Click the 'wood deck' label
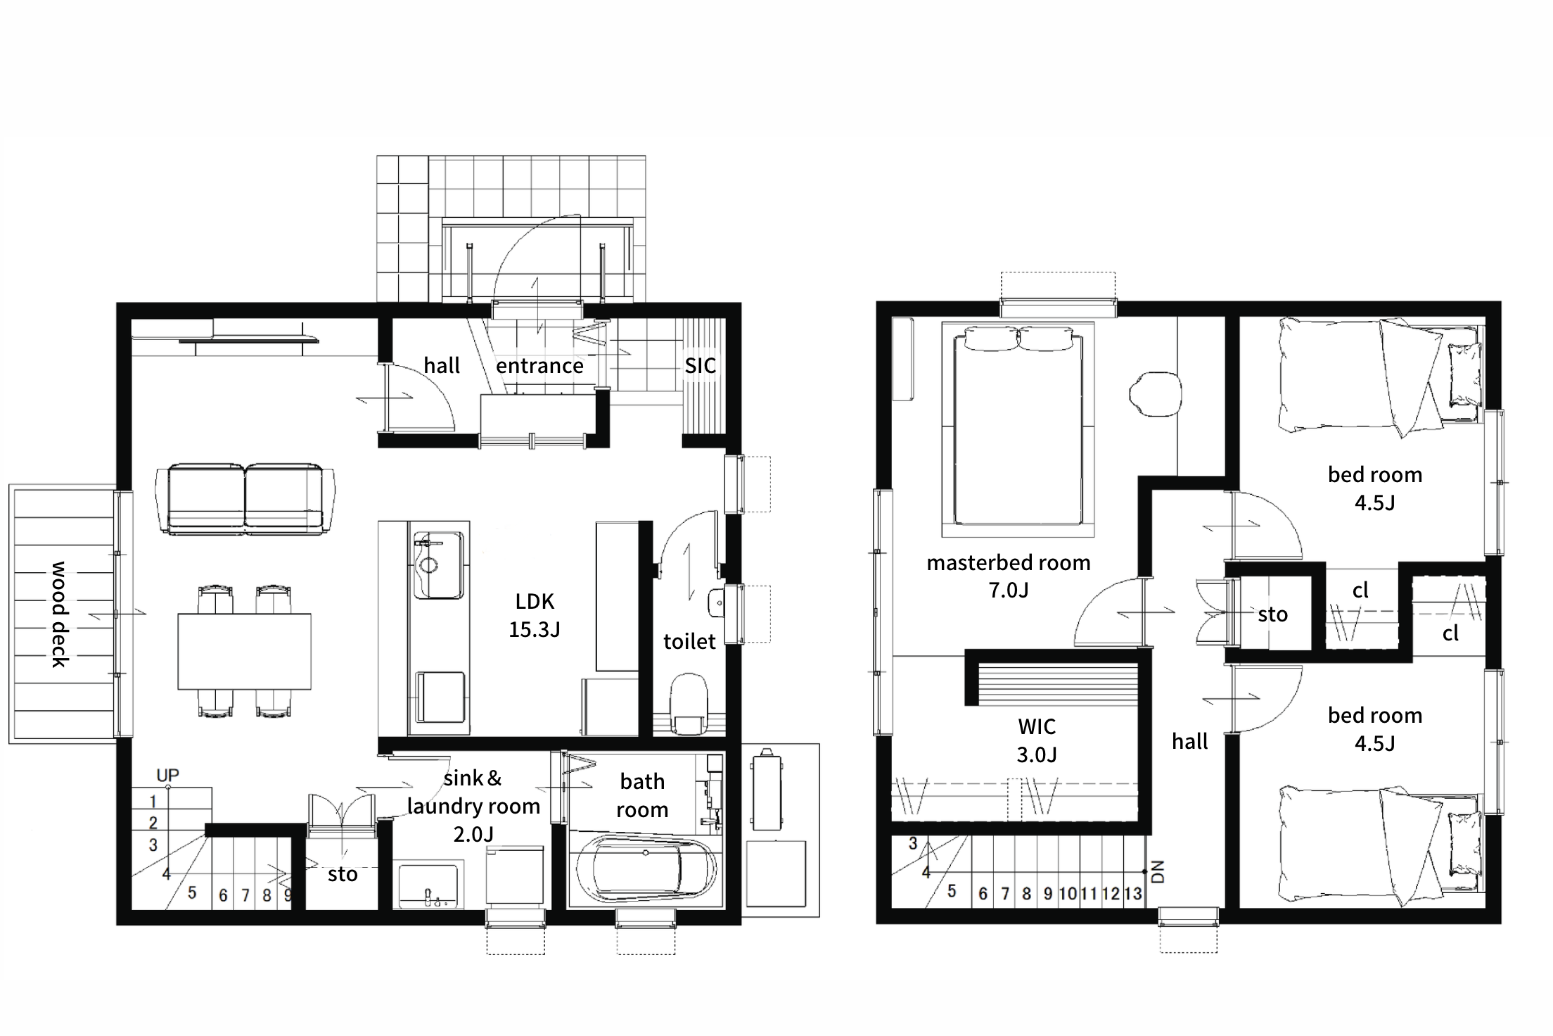(x=60, y=614)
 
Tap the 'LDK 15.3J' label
(x=535, y=615)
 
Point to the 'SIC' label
(x=701, y=365)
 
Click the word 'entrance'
(x=539, y=365)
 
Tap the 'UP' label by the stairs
(x=167, y=775)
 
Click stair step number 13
(x=1132, y=893)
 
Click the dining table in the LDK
(x=244, y=651)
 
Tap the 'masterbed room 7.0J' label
(x=1009, y=576)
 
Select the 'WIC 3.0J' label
(x=1037, y=740)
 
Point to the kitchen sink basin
(x=438, y=565)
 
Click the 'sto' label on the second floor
(x=1272, y=614)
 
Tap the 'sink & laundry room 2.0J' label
(x=473, y=806)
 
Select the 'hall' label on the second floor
(x=1189, y=741)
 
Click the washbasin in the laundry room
(x=428, y=885)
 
